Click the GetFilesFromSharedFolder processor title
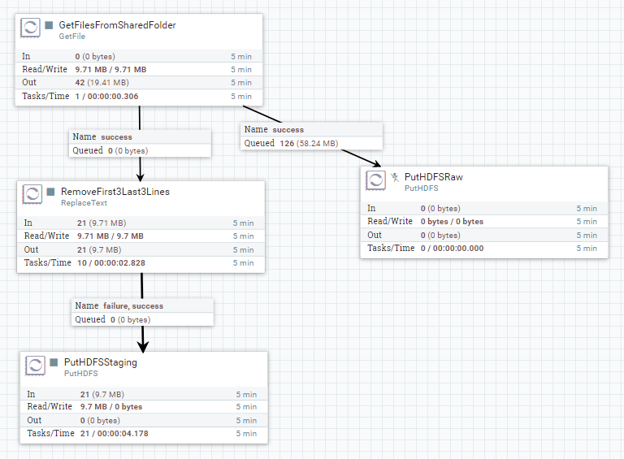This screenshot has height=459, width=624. tap(117, 25)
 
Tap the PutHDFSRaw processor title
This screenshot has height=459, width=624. tap(433, 176)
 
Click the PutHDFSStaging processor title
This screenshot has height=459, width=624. tap(100, 362)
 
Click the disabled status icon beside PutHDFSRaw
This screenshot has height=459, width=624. tap(394, 176)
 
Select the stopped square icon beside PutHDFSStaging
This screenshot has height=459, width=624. tap(52, 362)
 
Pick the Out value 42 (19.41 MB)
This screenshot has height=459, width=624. tap(102, 83)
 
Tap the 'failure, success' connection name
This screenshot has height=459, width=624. tap(132, 305)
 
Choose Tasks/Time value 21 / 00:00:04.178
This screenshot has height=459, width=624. tap(114, 434)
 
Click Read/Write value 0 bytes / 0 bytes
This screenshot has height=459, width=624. tap(452, 222)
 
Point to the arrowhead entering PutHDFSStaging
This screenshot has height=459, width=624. tap(143, 346)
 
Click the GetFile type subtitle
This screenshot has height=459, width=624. tap(71, 37)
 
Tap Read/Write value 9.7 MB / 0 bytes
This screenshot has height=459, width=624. tap(110, 407)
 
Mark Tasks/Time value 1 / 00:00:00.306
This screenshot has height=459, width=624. tap(106, 97)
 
